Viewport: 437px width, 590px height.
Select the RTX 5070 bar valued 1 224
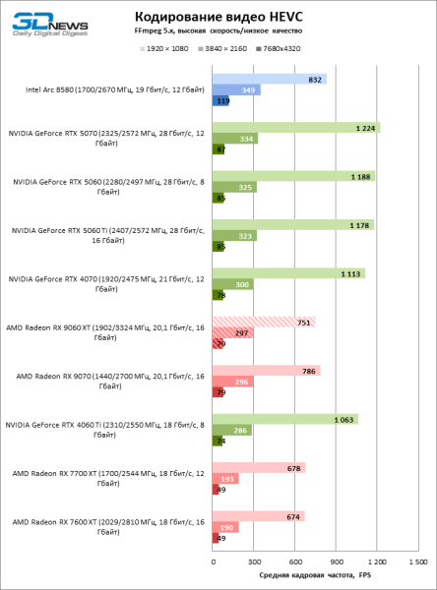click(x=295, y=127)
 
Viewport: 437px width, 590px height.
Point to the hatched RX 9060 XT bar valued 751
click(x=263, y=321)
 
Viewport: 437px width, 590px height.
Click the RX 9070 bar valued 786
click(x=266, y=371)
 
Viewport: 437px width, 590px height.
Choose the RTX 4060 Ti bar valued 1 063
click(x=284, y=419)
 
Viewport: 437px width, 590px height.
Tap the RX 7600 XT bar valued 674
click(x=258, y=516)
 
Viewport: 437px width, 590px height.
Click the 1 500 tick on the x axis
click(x=417, y=561)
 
